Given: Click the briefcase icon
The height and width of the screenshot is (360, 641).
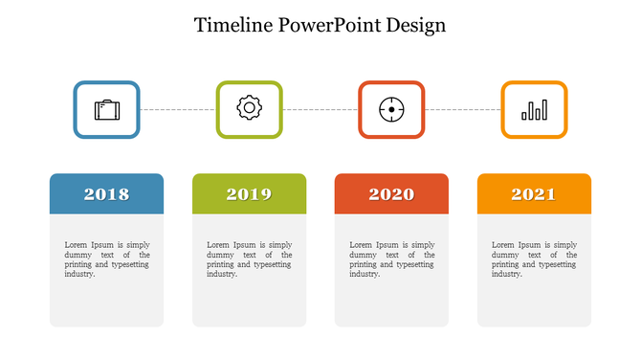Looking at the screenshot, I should pos(107,109).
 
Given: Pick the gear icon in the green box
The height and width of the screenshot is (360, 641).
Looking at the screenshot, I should pos(249,108).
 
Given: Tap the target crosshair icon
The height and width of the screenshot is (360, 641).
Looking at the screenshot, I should pos(391,109).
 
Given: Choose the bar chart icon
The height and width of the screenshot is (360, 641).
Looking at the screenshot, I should pos(534,110).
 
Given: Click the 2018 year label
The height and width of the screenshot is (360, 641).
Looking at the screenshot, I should pos(106,194).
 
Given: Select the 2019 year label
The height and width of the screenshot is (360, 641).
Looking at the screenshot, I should pos(249,194).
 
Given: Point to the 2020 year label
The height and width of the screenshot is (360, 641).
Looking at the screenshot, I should pos(391,194).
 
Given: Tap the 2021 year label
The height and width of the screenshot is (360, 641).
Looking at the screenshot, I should pos(534,194).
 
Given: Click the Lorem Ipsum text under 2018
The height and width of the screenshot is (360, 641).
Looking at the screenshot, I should pos(106,259).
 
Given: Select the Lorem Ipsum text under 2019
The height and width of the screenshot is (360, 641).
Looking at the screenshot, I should pos(249,259).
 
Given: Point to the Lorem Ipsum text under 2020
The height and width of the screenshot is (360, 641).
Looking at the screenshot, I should pos(391,259).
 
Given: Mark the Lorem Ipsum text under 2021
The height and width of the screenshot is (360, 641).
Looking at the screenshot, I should pos(534,259).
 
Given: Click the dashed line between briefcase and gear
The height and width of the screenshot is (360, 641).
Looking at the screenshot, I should pos(178,109).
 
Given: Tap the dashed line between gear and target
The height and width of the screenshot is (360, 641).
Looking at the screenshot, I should pos(320,109).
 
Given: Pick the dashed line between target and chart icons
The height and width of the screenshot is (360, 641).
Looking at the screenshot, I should pos(463,109).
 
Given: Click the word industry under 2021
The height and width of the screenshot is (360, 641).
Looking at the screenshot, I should pos(507,274).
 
